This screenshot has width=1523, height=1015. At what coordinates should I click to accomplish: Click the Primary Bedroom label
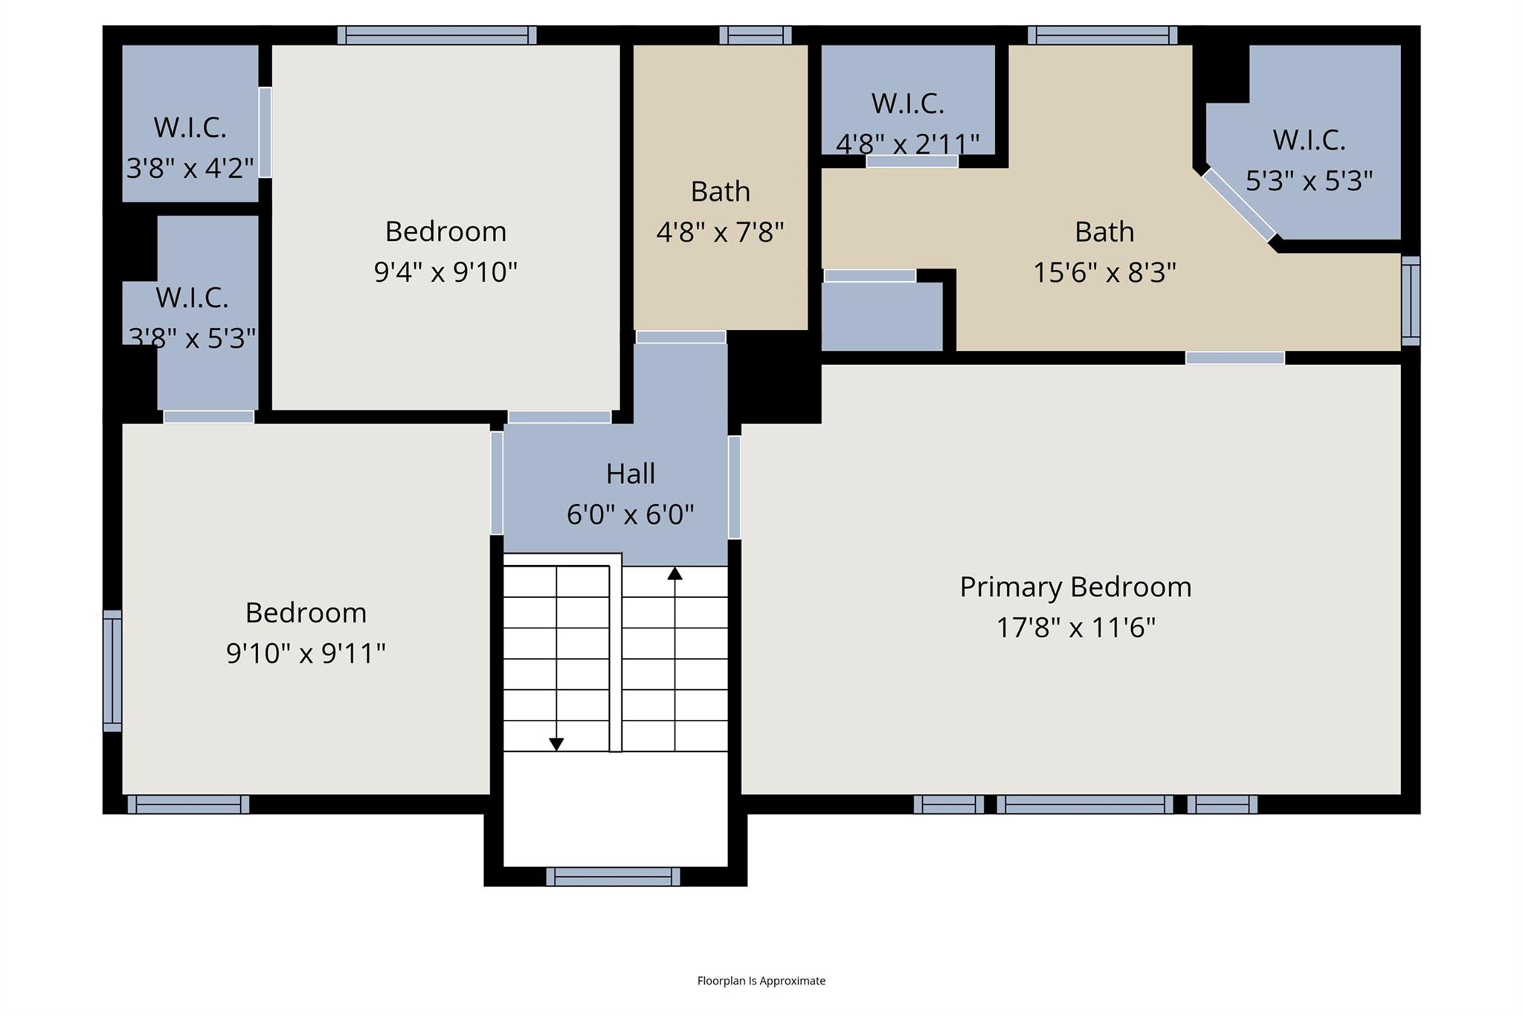[x=1075, y=587]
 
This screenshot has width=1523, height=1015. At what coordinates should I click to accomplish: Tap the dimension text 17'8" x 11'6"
[x=1075, y=628]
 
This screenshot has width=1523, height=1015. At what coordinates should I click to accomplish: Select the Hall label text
[x=630, y=474]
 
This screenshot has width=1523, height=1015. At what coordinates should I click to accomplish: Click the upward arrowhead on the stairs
[x=674, y=573]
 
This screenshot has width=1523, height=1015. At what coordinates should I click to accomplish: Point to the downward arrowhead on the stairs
[x=556, y=744]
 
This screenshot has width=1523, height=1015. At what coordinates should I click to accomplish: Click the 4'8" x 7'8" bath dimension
[x=720, y=233]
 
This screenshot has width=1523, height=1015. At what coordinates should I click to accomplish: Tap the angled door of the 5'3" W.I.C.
[x=1238, y=204]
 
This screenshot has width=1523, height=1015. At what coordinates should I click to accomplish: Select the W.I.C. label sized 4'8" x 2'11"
[x=907, y=104]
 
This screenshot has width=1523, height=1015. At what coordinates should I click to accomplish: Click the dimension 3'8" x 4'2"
[x=190, y=169]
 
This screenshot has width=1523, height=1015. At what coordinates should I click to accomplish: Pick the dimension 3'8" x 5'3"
[x=193, y=338]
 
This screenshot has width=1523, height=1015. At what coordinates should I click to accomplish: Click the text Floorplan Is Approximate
[x=761, y=981]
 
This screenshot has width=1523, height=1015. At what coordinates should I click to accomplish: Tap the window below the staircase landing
[x=613, y=877]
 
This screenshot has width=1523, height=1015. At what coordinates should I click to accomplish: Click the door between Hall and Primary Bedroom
[x=734, y=487]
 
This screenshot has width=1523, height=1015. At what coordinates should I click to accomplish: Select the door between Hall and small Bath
[x=680, y=338]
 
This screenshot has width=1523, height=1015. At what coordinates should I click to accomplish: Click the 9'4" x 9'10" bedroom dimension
[x=445, y=272]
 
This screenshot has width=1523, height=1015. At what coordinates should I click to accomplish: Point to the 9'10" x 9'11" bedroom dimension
[x=306, y=654]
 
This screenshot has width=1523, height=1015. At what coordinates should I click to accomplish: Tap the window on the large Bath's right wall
[x=1410, y=301]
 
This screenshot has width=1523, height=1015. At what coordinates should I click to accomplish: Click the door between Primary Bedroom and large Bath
[x=1234, y=358]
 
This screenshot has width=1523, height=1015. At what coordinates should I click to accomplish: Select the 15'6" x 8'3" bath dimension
[x=1104, y=273]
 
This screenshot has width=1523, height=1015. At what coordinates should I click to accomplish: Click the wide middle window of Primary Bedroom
[x=1084, y=805]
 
